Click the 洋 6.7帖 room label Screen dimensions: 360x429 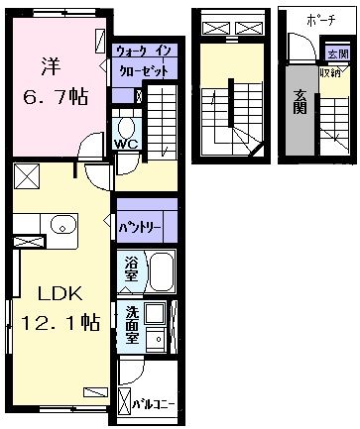[55, 81]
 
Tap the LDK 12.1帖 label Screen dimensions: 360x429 [60, 308]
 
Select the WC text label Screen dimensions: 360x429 [126, 144]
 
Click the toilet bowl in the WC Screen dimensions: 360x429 [126, 128]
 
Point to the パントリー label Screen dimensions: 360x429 [140, 228]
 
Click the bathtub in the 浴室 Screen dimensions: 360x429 [162, 271]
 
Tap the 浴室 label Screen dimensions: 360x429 [131, 269]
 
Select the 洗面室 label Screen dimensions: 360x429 [132, 325]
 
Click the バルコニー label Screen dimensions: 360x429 [153, 404]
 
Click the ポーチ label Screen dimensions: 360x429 [321, 21]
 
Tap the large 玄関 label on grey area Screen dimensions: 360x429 [300, 102]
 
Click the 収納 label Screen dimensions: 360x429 [330, 73]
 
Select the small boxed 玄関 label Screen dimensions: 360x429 [338, 54]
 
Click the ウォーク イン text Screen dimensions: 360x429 [144, 52]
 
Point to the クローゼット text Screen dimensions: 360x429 [144, 70]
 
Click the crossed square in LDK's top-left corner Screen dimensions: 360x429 [27, 176]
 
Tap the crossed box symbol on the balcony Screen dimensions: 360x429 [125, 402]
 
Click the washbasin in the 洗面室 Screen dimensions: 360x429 [155, 339]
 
